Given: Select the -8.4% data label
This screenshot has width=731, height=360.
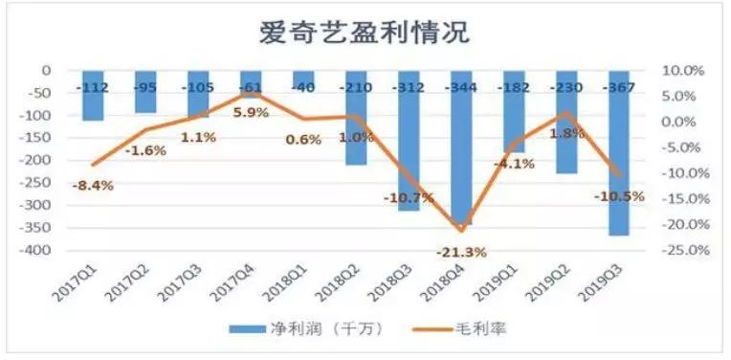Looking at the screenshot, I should (x=93, y=185).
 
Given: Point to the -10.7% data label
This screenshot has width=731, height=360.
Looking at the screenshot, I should (x=409, y=196).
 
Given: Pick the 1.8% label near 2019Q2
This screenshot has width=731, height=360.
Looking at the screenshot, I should (x=568, y=133).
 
